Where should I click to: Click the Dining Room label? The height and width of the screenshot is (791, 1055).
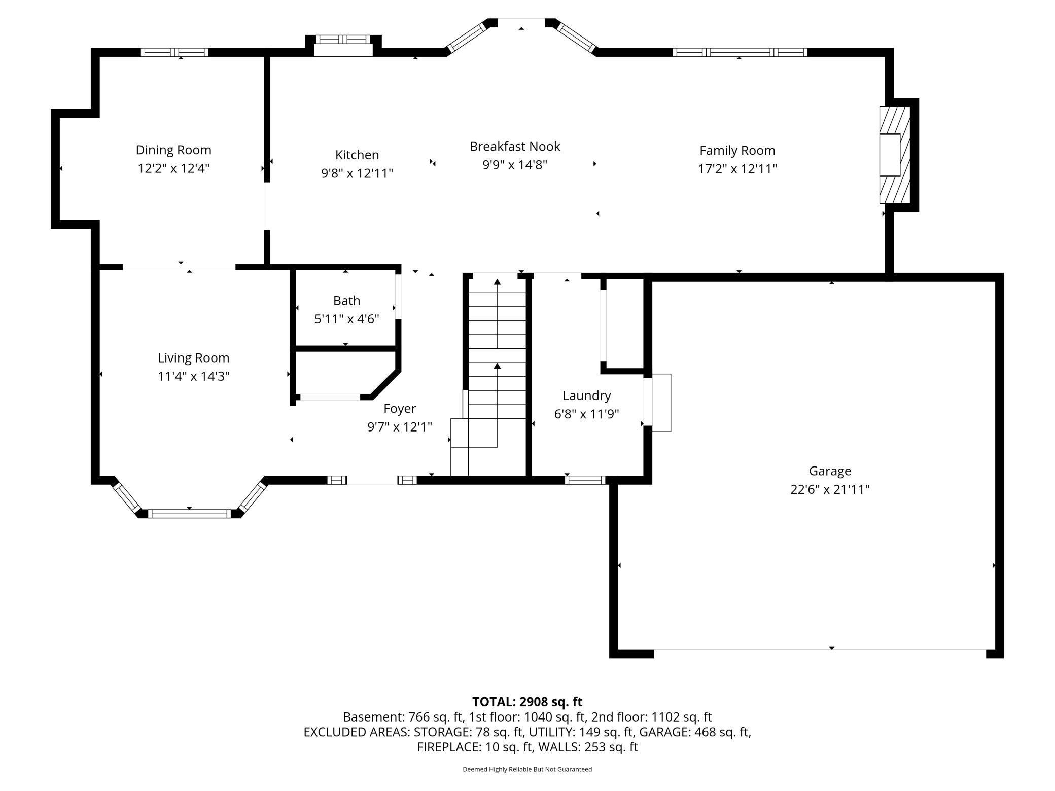click(173, 150)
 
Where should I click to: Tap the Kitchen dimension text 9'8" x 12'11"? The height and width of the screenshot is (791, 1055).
click(357, 173)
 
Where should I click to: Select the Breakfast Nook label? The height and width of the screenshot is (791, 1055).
click(515, 147)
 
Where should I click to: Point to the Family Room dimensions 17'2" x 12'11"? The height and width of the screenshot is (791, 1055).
click(737, 169)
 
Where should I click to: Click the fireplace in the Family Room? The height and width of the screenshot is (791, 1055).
click(895, 155)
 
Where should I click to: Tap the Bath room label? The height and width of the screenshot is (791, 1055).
click(347, 301)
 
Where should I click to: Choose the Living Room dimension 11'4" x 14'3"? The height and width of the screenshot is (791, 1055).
click(194, 376)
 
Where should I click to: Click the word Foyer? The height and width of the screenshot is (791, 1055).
click(400, 409)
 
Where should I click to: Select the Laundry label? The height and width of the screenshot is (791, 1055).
click(587, 396)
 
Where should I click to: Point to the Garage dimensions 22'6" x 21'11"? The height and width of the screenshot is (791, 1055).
click(830, 490)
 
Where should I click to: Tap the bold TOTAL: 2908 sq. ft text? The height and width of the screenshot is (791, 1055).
click(527, 702)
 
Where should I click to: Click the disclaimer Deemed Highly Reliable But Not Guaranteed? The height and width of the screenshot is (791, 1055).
click(527, 769)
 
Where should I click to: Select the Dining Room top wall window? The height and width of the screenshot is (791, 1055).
click(174, 52)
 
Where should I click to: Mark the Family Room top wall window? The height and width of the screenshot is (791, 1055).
click(740, 52)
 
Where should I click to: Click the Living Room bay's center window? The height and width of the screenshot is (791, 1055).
click(189, 514)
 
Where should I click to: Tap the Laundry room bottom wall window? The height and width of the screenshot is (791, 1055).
click(585, 480)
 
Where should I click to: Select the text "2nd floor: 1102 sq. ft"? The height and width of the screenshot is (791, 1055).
click(651, 717)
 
